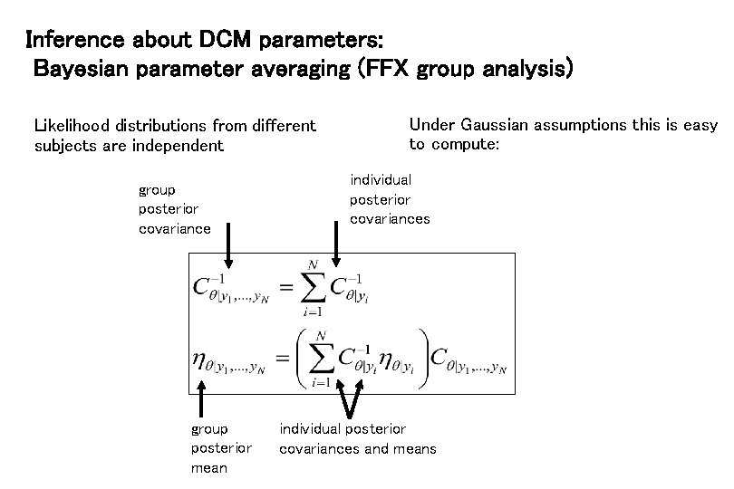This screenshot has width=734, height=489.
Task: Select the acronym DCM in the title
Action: pyautogui.click(x=223, y=41)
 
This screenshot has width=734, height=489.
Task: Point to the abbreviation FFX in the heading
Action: pyautogui.click(x=387, y=70)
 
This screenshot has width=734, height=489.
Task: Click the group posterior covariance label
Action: pyautogui.click(x=175, y=209)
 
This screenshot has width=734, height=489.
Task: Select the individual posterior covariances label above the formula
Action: pyautogui.click(x=389, y=199)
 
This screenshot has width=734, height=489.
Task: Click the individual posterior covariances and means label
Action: pyautogui.click(x=357, y=438)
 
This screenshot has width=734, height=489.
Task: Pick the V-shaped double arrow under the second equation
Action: pyautogui.click(x=350, y=395)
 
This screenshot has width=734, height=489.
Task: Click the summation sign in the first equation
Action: pyautogui.click(x=314, y=287)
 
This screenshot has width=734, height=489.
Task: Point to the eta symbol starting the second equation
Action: pyautogui.click(x=199, y=360)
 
